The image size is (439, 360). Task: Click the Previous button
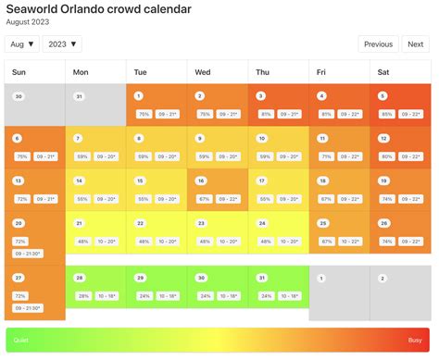click(378, 43)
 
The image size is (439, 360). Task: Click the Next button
click(416, 43)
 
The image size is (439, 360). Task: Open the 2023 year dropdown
click(62, 43)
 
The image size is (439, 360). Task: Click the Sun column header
click(19, 71)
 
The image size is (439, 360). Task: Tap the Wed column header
click(203, 71)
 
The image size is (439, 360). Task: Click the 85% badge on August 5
click(386, 114)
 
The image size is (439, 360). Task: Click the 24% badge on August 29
click(143, 296)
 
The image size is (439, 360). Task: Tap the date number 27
click(18, 278)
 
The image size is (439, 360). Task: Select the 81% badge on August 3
click(266, 114)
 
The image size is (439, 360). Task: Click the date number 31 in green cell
click(261, 278)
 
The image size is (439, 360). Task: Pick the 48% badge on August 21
click(82, 241)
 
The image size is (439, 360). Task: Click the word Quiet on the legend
click(20, 341)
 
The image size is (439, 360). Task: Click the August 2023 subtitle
click(28, 22)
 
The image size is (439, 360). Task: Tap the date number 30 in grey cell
click(18, 96)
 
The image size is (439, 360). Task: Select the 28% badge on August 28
click(82, 296)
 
